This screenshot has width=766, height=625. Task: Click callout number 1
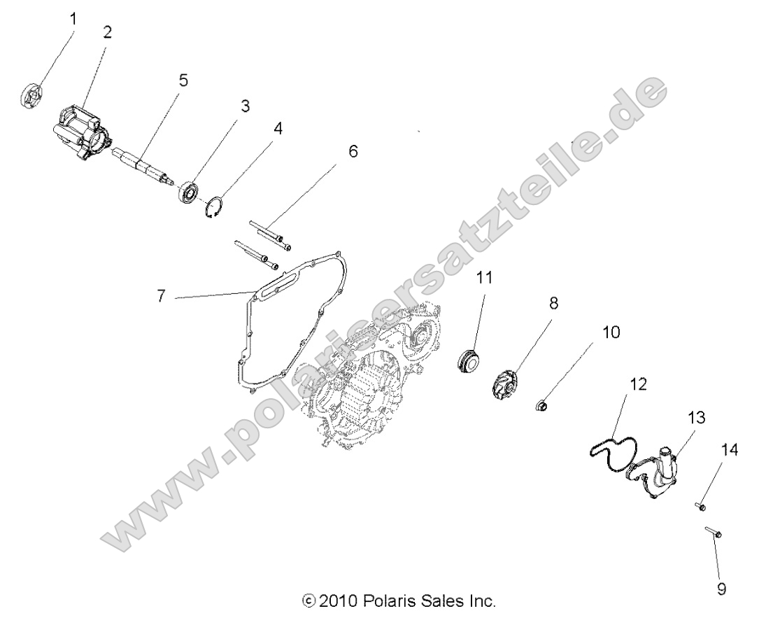(72, 19)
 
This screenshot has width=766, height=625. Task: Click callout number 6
(352, 151)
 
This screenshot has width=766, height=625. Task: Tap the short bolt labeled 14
(702, 506)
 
